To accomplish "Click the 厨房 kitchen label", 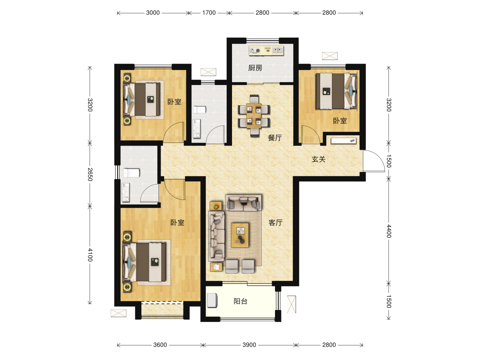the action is pos(255,68).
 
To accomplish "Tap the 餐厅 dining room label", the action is pos(275,138).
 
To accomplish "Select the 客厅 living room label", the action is pos(275,223).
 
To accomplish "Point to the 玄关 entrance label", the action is pos(318,159).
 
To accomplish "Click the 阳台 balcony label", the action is pos(240,301).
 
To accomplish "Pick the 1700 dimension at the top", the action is pos(209,13).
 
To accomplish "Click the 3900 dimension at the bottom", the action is pos(249,345).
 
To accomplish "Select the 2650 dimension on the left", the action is pos(90,174).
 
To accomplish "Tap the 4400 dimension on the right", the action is pos(389,231).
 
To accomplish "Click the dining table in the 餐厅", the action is pos(254,116).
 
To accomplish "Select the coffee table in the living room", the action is pos(240,235).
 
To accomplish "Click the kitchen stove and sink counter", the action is pos(266,50).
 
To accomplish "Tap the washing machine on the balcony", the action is pos(212,300).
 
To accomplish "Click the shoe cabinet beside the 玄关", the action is pos(343,141).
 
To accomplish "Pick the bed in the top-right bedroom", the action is pos(336,91).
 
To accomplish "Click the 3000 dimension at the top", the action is pos(153,13).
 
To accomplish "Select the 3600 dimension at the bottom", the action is pos(160,345).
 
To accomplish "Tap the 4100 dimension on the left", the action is pos(90,255).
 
